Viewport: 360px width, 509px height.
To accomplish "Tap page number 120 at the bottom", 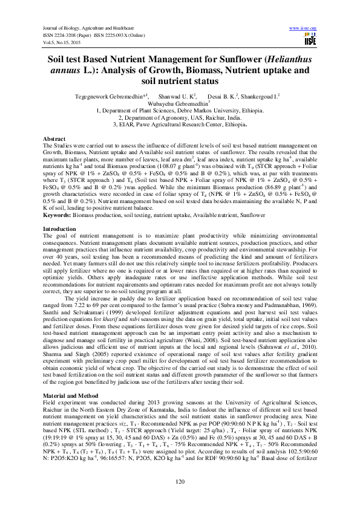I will [x=179, y=481].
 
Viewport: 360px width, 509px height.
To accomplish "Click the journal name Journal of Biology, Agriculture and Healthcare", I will [x=87, y=28].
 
